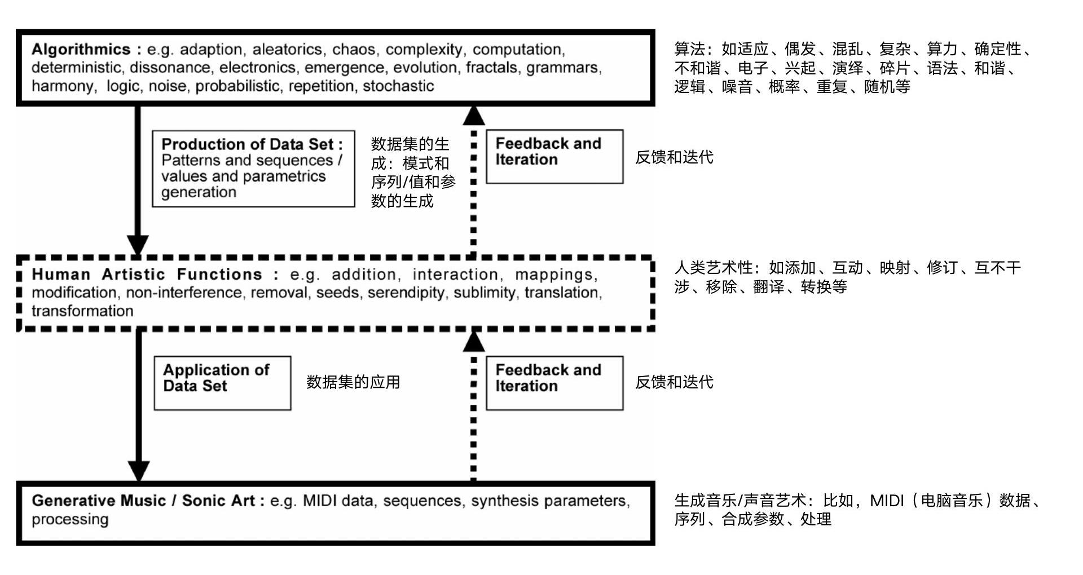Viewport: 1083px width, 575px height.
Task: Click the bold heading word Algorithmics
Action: tap(81, 50)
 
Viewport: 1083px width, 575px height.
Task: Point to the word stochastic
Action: tap(398, 86)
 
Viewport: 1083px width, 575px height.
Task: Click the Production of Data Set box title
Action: tap(252, 144)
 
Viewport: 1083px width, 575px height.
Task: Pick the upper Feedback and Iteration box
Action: tap(554, 156)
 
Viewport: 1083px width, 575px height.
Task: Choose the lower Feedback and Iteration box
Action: tap(554, 383)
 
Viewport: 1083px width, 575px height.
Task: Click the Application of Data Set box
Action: tap(222, 383)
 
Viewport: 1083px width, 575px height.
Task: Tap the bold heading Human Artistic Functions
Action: tap(147, 275)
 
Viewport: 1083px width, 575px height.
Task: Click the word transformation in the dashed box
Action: tap(82, 311)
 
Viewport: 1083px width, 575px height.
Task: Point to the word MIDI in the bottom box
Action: tap(320, 501)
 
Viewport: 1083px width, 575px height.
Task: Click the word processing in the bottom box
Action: tap(70, 519)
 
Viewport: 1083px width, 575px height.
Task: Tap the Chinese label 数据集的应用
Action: tap(353, 382)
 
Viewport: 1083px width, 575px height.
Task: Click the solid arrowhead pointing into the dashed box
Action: tap(138, 245)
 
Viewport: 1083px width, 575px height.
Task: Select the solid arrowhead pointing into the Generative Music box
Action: tap(138, 471)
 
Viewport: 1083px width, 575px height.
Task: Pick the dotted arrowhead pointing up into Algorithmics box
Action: tap(473, 116)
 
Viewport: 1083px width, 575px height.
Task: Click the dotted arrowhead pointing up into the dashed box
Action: tap(473, 342)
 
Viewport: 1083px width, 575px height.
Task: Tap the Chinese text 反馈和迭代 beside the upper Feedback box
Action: tap(674, 157)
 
